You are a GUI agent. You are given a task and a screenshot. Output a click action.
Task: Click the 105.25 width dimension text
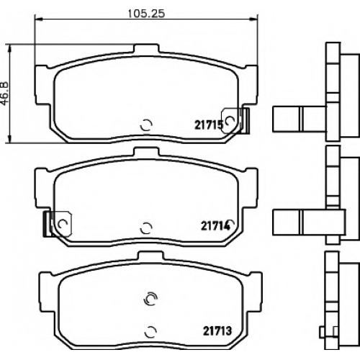tap(146, 14)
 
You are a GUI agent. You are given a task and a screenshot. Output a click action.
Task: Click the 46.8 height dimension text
tap(4, 94)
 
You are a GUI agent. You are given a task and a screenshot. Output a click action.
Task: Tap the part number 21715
tap(209, 125)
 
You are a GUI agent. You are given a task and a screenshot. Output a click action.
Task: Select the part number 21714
tap(215, 226)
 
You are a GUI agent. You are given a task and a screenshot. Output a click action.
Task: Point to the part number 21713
tap(217, 331)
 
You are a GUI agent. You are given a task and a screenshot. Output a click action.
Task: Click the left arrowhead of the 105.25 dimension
tap(38, 19)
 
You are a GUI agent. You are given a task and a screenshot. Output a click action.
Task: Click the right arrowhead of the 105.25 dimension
tap(253, 19)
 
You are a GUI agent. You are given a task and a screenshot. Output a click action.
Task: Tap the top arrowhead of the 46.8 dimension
tap(9, 48)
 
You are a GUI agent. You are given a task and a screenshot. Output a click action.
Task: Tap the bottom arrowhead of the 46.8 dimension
tap(9, 139)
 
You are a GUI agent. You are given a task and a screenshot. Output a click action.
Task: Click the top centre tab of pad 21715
tap(146, 48)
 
